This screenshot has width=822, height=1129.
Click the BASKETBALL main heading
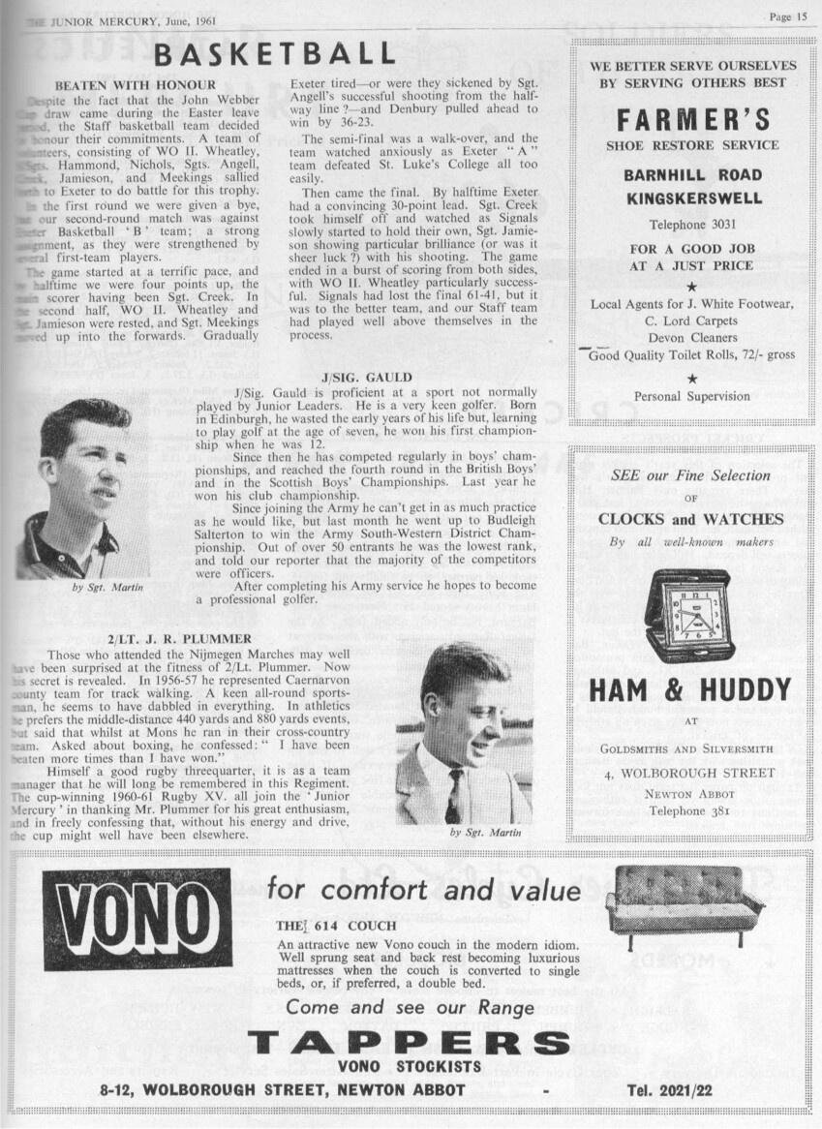(275, 52)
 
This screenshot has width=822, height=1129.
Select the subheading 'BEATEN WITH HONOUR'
(136, 85)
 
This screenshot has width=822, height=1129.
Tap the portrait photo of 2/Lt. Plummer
(464, 732)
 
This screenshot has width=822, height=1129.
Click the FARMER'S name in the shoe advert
(692, 119)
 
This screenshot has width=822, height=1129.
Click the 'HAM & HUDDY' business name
(689, 690)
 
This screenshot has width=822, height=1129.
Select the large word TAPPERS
(409, 1043)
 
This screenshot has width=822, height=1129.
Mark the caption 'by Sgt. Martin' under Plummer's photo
(485, 832)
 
